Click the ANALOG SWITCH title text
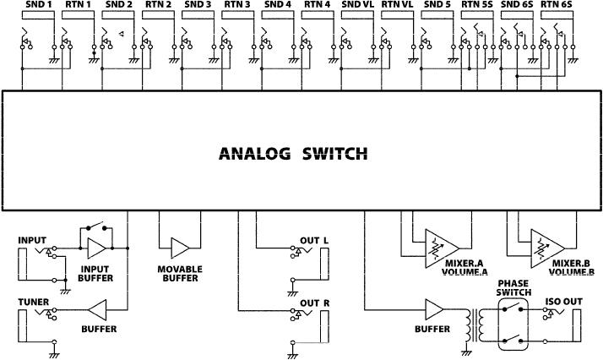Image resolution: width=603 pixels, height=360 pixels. [x=293, y=154]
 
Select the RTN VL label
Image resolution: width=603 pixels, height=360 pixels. [x=397, y=5]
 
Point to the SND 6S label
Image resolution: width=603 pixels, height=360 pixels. [x=516, y=5]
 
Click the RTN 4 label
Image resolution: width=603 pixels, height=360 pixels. [x=317, y=5]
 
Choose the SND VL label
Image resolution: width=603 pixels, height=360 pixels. [x=356, y=5]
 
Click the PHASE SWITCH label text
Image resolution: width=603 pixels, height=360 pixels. [x=513, y=288]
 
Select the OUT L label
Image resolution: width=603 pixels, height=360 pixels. [x=315, y=241]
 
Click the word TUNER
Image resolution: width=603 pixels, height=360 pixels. [x=33, y=302]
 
